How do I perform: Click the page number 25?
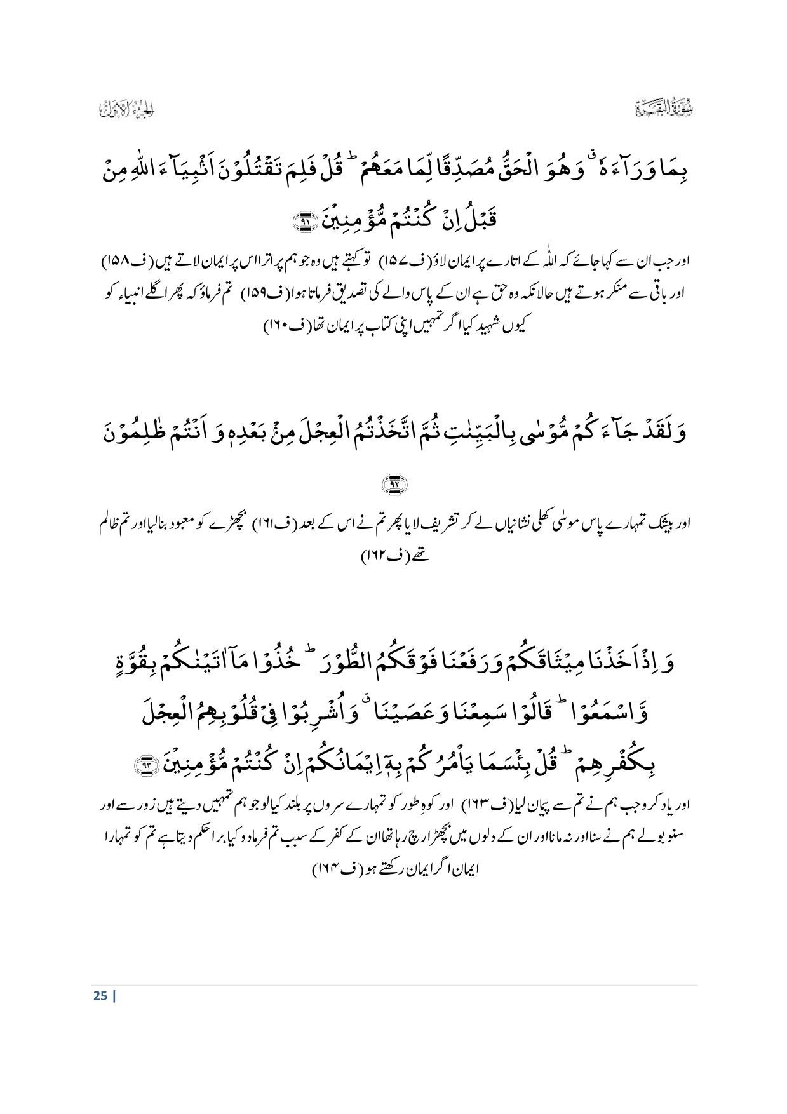[x=100, y=995]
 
